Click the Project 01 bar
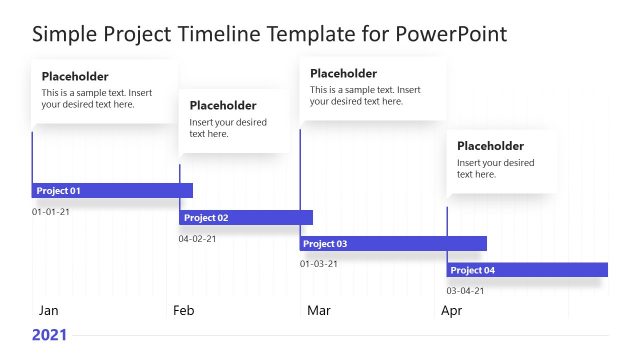[112, 190]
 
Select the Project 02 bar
[246, 217]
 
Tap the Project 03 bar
[393, 243]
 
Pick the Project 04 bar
[527, 270]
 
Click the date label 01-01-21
[51, 212]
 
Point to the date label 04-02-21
[197, 239]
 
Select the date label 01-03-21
[319, 264]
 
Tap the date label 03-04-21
[465, 291]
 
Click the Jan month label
[48, 311]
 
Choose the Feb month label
[183, 311]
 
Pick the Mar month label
[318, 311]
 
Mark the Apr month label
[452, 311]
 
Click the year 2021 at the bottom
[49, 335]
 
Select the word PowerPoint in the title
[452, 34]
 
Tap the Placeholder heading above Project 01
[75, 77]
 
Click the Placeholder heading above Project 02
[222, 105]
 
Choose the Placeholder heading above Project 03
[343, 73]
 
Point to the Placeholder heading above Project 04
[490, 145]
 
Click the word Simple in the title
[64, 34]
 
